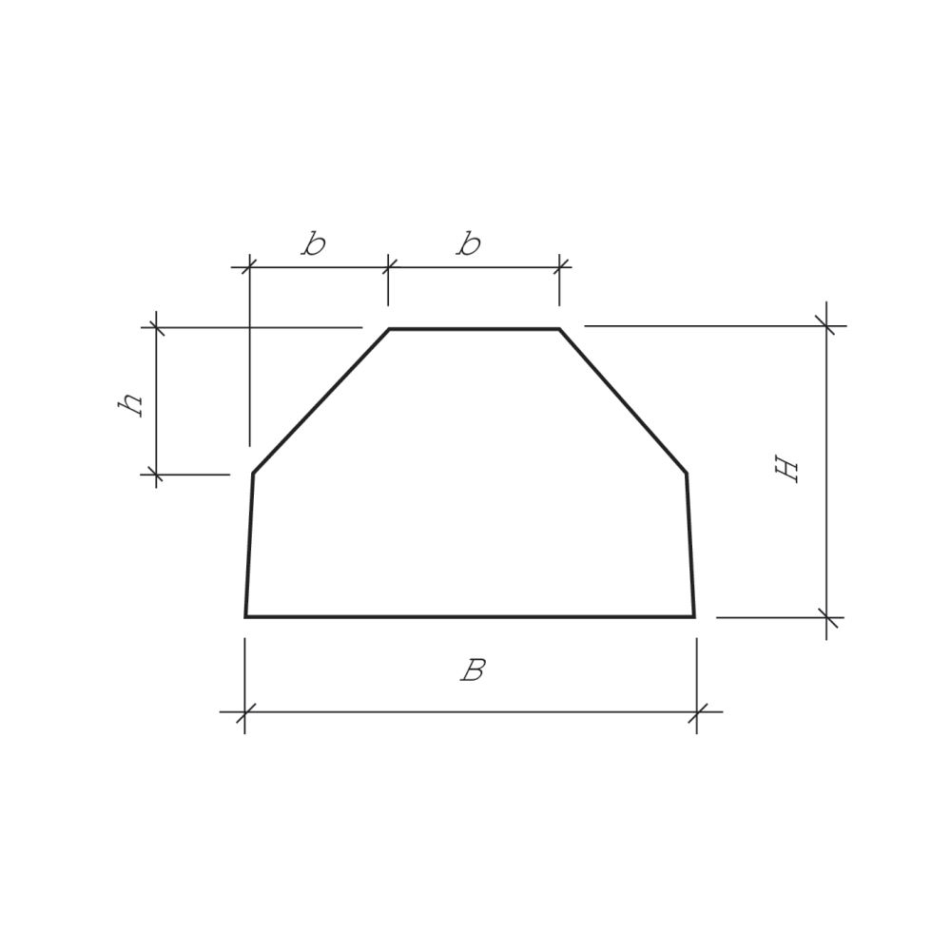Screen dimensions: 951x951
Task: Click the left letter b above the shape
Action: point(314,244)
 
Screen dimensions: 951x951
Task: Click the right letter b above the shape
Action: point(469,244)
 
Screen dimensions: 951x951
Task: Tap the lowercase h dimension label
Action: point(131,403)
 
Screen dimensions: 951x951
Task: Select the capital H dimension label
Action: point(788,469)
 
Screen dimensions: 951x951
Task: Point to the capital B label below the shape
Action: point(473,670)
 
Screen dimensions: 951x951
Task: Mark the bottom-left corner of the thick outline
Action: point(245,616)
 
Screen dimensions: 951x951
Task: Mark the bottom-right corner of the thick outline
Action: point(694,616)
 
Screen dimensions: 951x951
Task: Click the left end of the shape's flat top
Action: point(390,329)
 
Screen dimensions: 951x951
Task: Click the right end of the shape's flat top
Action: point(559,329)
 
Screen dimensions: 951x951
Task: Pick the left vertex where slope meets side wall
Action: point(253,473)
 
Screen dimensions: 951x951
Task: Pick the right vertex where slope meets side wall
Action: point(687,473)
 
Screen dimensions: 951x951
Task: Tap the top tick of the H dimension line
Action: point(826,326)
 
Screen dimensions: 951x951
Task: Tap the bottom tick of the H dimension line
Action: point(826,617)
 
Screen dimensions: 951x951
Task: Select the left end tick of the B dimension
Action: point(245,711)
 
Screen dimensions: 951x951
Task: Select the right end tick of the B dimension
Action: point(697,711)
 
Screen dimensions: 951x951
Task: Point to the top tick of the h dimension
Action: point(156,327)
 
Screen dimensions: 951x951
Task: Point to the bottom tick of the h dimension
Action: point(156,474)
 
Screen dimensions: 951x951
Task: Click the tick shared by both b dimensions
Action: point(388,267)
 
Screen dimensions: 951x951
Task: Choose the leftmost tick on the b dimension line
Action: point(249,267)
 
